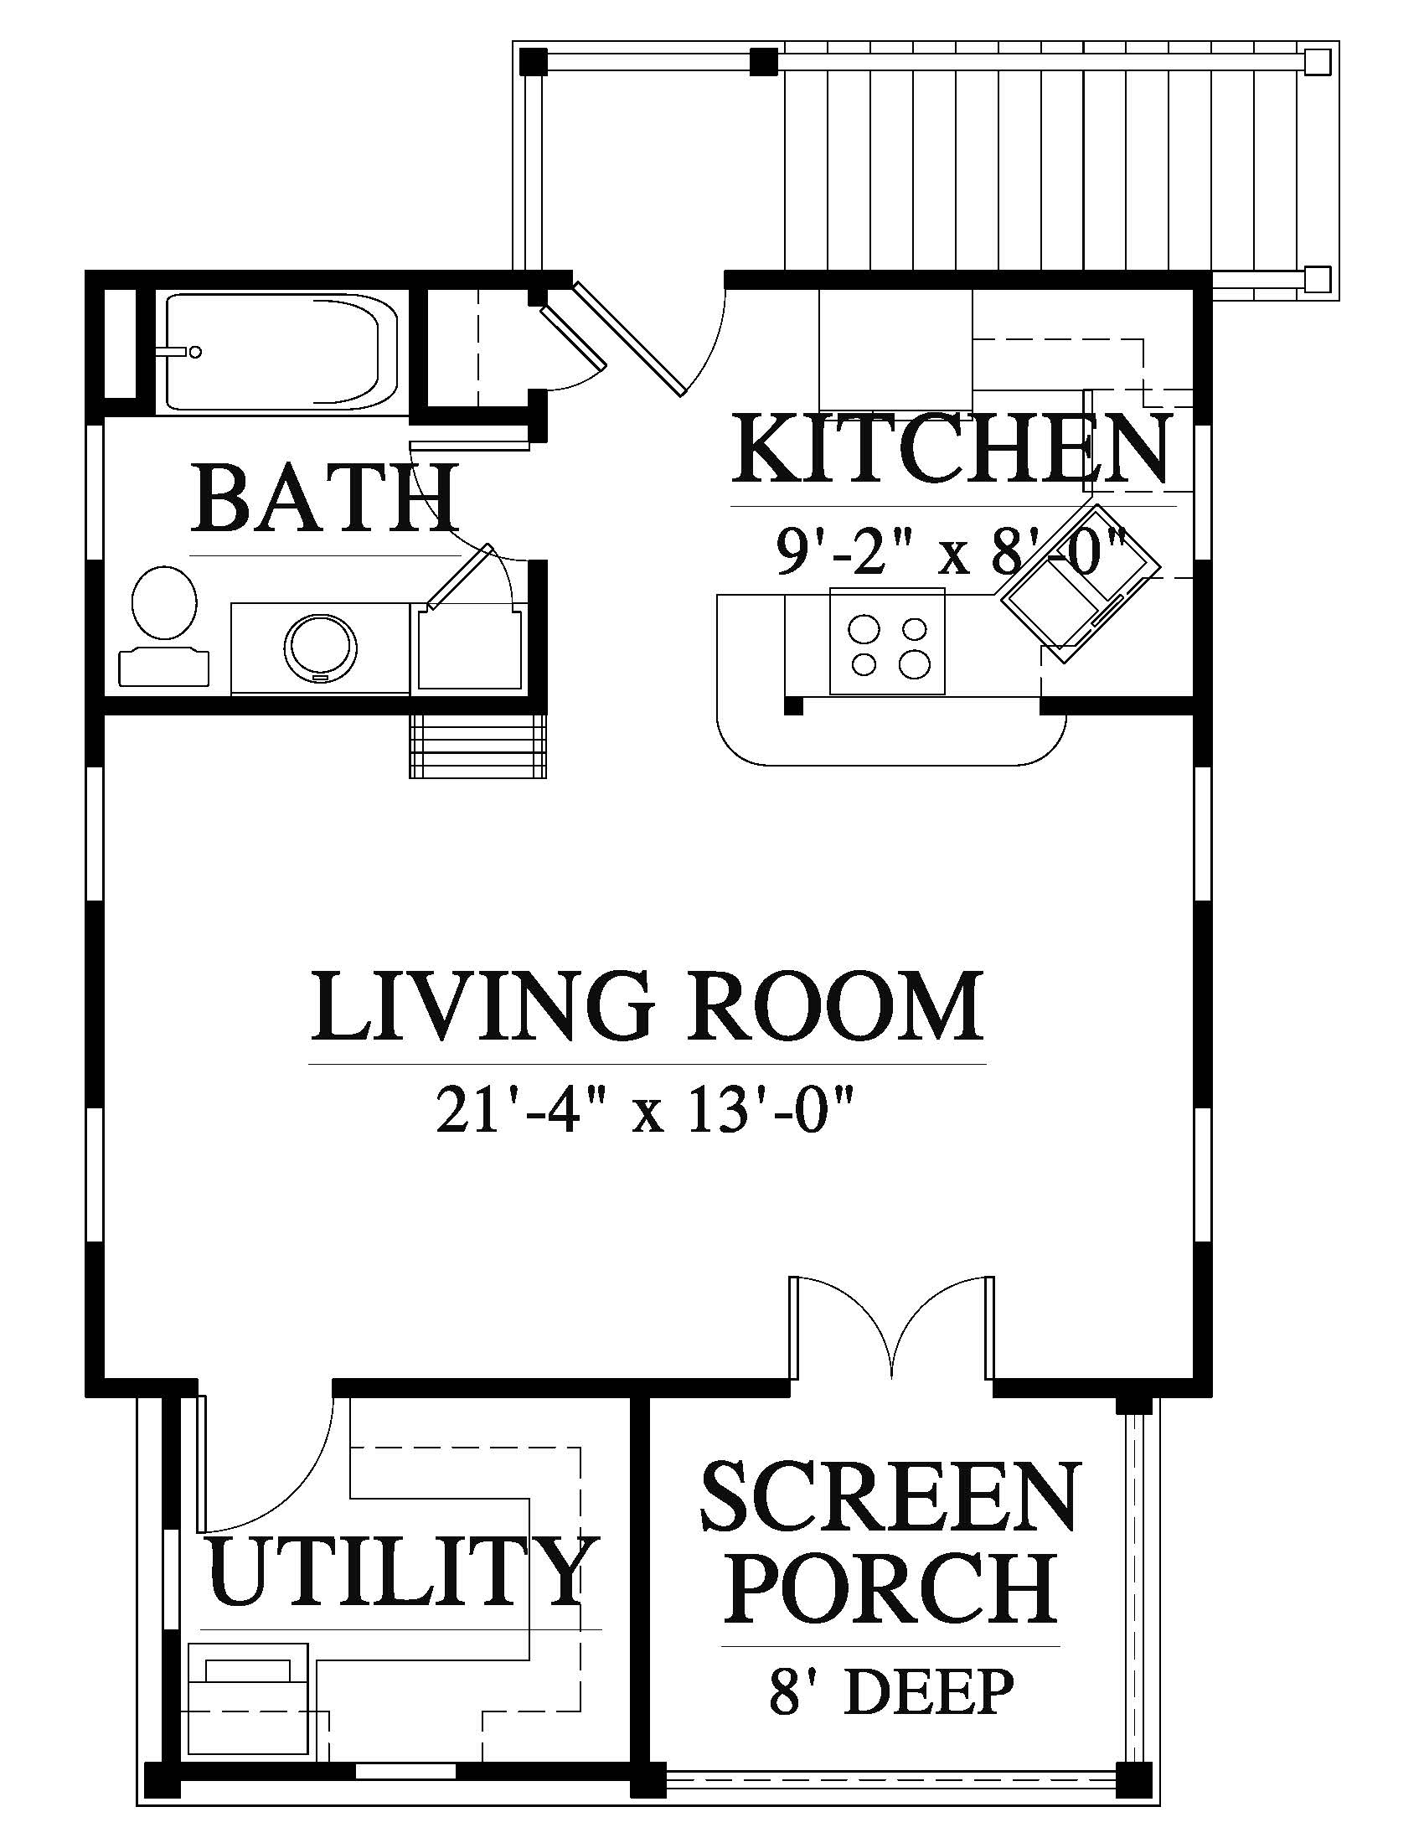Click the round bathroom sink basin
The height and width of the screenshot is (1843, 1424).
pyautogui.click(x=321, y=648)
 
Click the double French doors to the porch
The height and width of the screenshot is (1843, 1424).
pyautogui.click(x=891, y=1332)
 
